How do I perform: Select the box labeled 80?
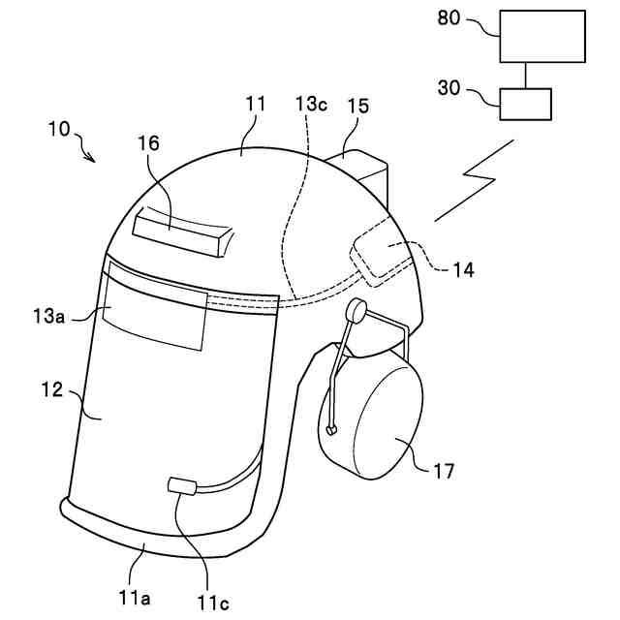[542, 35]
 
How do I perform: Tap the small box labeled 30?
[525, 103]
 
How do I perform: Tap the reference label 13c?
[310, 104]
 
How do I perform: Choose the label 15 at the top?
[357, 104]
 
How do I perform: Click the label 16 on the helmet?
[148, 143]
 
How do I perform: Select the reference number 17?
[444, 473]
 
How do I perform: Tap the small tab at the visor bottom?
[182, 484]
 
